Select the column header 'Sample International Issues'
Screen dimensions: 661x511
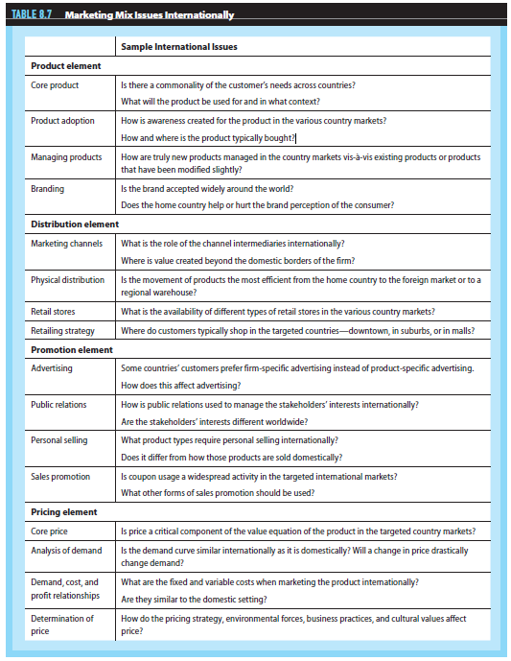click(179, 46)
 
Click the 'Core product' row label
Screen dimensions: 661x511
click(55, 85)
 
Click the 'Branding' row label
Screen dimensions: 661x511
click(49, 189)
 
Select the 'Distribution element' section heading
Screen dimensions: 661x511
click(75, 224)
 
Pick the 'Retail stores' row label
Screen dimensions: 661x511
click(54, 312)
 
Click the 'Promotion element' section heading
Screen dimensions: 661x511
click(72, 350)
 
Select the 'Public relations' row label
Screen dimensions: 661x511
click(58, 405)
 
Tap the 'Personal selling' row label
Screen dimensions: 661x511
click(59, 440)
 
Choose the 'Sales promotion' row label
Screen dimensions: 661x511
click(60, 476)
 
